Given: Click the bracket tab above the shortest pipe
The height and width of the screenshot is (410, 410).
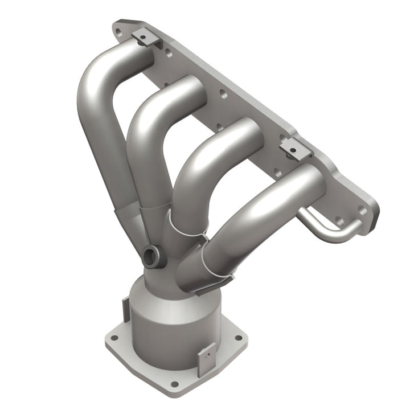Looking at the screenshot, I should click(295, 149).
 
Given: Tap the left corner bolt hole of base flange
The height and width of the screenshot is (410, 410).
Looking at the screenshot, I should click(113, 337).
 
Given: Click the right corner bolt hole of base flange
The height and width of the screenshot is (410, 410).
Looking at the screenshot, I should click(237, 337).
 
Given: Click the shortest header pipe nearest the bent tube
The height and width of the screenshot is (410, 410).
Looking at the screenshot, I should click(256, 211).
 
